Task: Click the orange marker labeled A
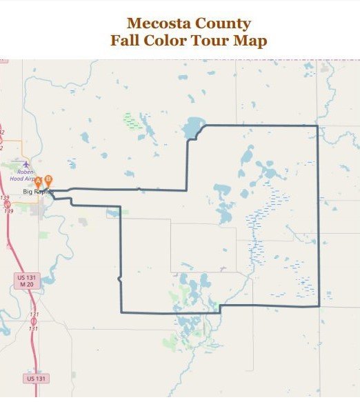coord(39,181)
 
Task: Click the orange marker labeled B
coord(48,179)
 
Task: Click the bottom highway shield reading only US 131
coord(36,379)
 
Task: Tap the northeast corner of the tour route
coord(317,126)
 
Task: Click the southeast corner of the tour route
coord(318,305)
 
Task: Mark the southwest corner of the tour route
coord(121,312)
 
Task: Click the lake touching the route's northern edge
coord(194,128)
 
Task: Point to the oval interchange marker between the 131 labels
coord(33,321)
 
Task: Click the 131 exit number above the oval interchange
coord(34,314)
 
